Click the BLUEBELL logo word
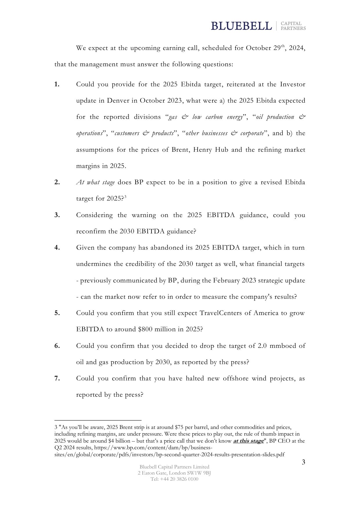(241, 26)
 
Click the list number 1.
(57, 85)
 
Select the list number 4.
(57, 248)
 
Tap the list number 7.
(57, 378)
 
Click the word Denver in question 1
(118, 101)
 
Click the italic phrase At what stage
(96, 182)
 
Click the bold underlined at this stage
(248, 441)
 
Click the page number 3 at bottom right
(303, 462)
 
